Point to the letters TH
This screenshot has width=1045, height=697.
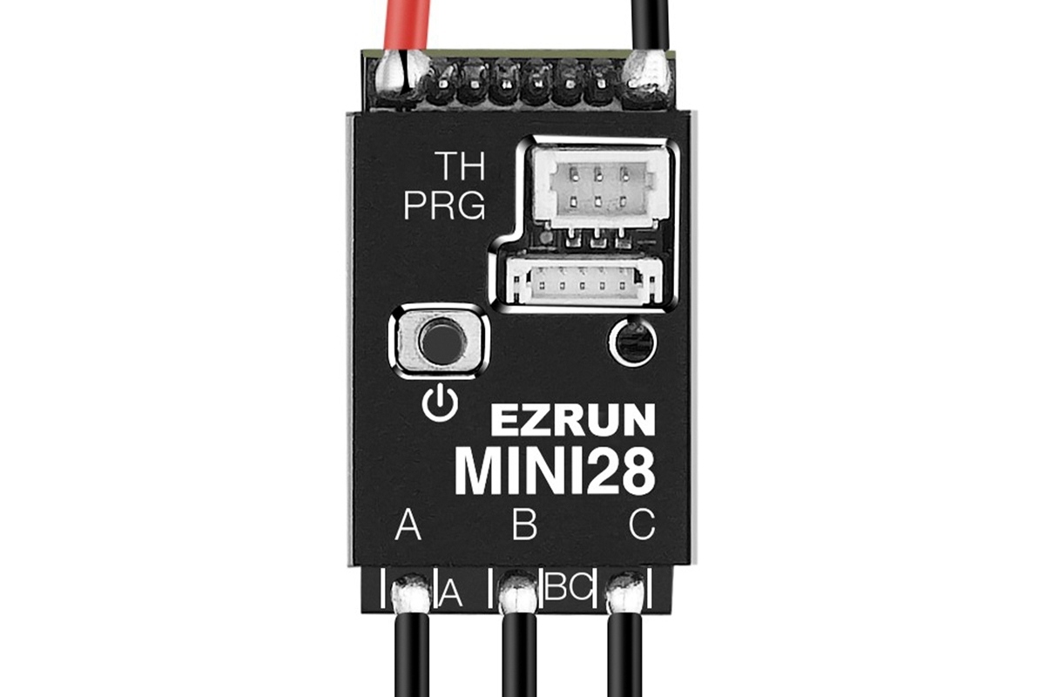point(459,165)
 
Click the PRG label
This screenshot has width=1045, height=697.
point(443,207)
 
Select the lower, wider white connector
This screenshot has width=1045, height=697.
point(583,282)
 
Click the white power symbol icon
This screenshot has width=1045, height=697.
point(439,403)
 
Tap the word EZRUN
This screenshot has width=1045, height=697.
point(572,422)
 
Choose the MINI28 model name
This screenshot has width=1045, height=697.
point(555,471)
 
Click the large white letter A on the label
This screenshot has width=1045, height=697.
point(408,526)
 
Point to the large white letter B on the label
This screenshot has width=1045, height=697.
point(524,526)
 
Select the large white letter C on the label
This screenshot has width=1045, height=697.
point(642,526)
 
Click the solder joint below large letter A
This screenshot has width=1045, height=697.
point(410,595)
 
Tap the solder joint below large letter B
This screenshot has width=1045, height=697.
point(520,593)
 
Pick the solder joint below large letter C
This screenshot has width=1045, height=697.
point(625,593)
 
